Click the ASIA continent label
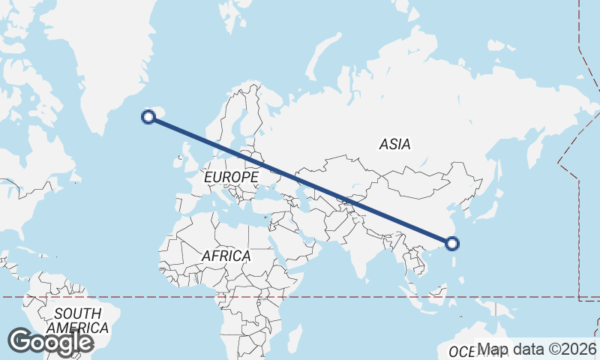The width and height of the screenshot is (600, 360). point(395,145)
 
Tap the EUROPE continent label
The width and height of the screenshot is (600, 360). point(232,177)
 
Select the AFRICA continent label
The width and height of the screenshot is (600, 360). point(226,256)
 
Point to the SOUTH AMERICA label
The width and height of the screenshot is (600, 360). point(77,320)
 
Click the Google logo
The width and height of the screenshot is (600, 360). point(50,342)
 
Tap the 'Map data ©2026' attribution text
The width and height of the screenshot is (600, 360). point(537,349)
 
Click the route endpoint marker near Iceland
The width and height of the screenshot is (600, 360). point(148,116)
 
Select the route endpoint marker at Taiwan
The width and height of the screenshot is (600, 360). point(452,243)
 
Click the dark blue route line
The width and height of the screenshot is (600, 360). point(300,179)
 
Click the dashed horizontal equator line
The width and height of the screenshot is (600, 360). point(150,297)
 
